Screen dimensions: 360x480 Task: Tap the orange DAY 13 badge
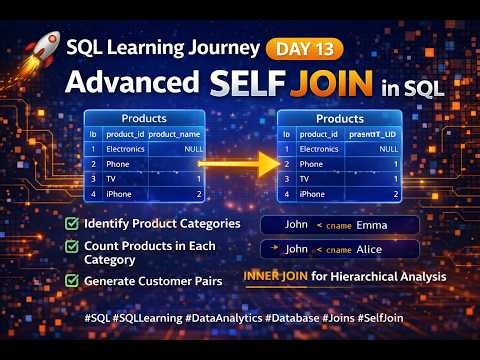click(305, 48)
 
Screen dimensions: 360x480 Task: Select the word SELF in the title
click(245, 83)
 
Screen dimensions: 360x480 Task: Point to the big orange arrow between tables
click(240, 162)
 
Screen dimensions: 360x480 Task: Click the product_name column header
click(176, 134)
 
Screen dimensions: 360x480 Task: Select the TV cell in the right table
click(304, 179)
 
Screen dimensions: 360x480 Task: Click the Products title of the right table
click(345, 118)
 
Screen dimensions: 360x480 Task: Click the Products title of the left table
click(144, 118)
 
